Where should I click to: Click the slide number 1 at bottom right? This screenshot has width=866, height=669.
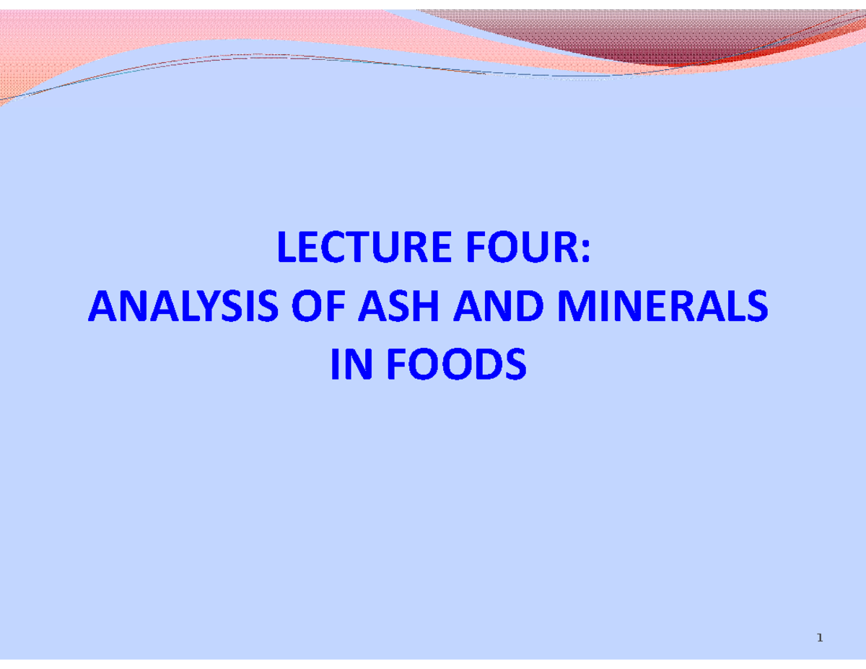click(x=820, y=637)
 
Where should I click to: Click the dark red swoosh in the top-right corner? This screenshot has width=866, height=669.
click(x=649, y=40)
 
